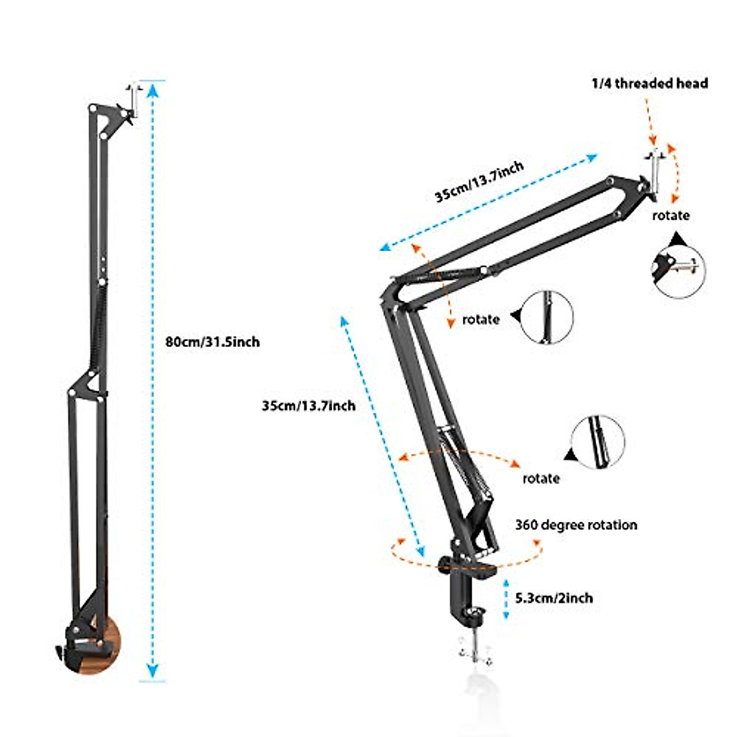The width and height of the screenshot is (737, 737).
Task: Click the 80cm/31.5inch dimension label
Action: [x=213, y=341]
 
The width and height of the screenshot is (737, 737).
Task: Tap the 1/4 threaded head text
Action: [x=649, y=84]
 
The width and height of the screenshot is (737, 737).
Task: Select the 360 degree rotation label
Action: [x=576, y=525]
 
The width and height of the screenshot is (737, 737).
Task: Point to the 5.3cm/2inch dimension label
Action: [x=555, y=598]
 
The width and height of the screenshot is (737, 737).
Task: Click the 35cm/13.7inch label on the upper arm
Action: [x=480, y=181]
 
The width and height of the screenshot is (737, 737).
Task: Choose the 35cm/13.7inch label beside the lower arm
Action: [x=308, y=406]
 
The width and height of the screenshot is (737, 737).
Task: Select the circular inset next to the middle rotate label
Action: [x=547, y=318]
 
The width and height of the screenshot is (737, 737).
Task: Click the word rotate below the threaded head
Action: [x=671, y=216]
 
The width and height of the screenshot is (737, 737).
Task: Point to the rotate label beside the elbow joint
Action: [x=481, y=319]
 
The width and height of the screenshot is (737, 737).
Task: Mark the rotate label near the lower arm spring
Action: [x=541, y=478]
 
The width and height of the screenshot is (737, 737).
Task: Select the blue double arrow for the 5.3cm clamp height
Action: [x=506, y=598]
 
